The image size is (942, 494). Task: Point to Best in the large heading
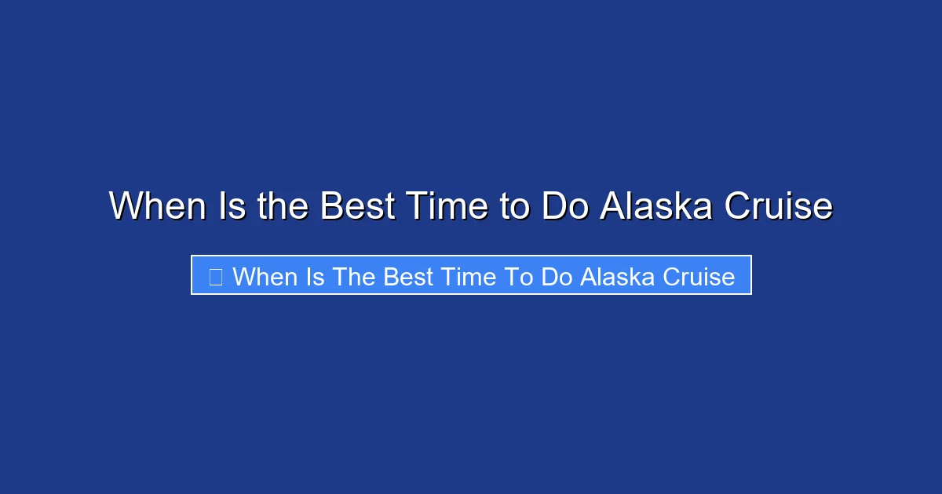(x=357, y=207)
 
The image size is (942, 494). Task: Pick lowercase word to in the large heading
(x=513, y=207)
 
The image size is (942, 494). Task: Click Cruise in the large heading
(x=778, y=207)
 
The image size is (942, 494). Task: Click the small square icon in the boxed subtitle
(x=215, y=277)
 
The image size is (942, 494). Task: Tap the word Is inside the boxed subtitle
(x=315, y=277)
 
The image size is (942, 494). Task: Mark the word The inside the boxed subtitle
(x=354, y=277)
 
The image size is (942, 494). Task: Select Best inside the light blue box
(x=408, y=277)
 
